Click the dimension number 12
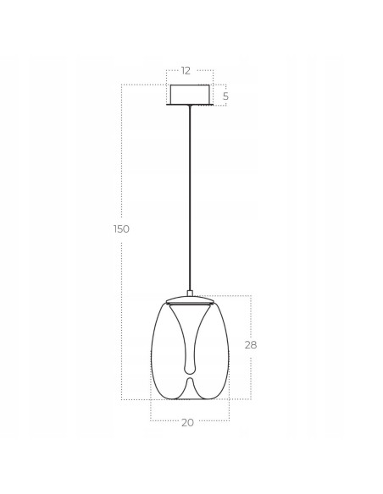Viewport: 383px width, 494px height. point(186,70)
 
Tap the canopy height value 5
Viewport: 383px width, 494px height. point(225,96)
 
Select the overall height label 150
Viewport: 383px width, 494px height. point(121,229)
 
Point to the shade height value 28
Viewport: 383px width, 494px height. point(250,345)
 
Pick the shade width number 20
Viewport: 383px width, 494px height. point(187,422)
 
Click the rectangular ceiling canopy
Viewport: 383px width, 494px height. point(190,95)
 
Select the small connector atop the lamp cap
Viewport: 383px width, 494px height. point(191,293)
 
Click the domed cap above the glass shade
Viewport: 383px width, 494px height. point(191,299)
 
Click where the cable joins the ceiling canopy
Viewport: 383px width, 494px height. point(191,107)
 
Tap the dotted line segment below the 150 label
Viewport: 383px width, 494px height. point(121,321)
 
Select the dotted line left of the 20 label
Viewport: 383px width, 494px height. point(164,421)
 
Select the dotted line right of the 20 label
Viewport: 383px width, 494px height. point(213,421)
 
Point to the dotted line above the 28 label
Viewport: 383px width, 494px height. point(251,316)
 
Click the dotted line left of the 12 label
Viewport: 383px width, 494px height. point(173,70)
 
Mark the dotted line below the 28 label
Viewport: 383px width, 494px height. point(251,376)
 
